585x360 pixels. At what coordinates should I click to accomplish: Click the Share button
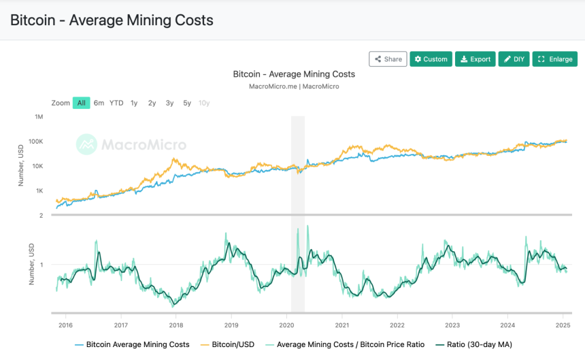(388, 59)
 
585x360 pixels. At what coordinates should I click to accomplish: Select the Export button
(475, 59)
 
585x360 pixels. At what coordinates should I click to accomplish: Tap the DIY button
(514, 59)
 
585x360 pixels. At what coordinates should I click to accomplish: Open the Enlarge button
(555, 59)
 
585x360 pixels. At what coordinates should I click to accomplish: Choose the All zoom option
(82, 103)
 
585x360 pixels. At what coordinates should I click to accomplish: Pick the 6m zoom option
(99, 103)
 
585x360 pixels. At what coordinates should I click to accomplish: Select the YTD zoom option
(116, 103)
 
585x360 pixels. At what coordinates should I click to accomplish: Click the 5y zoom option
(187, 103)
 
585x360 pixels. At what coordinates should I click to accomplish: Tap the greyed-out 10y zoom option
(204, 103)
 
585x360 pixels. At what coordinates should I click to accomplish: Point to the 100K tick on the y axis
(36, 142)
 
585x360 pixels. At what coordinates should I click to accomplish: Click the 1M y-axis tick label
(39, 117)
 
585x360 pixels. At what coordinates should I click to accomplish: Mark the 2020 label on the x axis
(286, 325)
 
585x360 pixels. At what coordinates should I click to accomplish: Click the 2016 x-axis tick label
(66, 325)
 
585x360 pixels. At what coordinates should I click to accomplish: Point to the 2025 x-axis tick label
(563, 325)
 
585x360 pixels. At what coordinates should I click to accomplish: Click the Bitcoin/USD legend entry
(227, 344)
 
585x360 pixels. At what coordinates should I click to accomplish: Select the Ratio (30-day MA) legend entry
(474, 344)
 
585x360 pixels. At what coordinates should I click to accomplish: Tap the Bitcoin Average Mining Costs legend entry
(132, 344)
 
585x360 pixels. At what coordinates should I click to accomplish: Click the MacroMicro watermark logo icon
(86, 144)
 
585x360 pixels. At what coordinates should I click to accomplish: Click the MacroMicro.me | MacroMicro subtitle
(294, 86)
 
